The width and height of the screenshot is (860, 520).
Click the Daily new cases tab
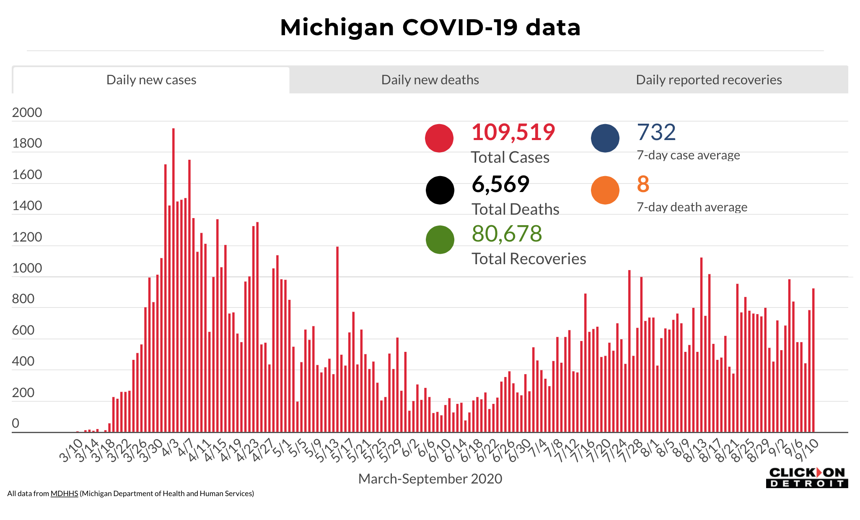[x=151, y=80]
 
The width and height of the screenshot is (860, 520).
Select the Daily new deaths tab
[x=430, y=80]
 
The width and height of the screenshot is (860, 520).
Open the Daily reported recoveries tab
[x=709, y=80]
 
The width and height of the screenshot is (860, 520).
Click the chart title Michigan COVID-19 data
[x=430, y=28]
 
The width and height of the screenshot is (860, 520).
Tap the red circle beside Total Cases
[x=439, y=138]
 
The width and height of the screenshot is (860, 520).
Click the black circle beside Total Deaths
[x=440, y=190]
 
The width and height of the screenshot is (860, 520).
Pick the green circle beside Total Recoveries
[x=440, y=239]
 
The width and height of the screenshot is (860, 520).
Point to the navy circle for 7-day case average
[x=605, y=138]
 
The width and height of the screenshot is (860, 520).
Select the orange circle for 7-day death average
[x=605, y=190]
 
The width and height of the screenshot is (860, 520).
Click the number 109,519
[x=513, y=132]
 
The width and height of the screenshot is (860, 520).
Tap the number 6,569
[x=500, y=184]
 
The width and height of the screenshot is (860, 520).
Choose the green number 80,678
[x=507, y=234]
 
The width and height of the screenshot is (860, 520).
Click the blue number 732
[x=656, y=132]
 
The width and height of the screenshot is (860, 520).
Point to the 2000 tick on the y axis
[x=27, y=112]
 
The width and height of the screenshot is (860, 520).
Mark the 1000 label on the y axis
[x=27, y=268]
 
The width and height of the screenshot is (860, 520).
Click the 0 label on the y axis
[x=16, y=423]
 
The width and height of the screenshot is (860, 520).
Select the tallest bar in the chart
[x=174, y=280]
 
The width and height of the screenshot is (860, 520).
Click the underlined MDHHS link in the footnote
[x=64, y=494]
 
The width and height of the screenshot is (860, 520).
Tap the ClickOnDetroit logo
[x=807, y=478]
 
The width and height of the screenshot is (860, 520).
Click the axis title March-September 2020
[x=430, y=478]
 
